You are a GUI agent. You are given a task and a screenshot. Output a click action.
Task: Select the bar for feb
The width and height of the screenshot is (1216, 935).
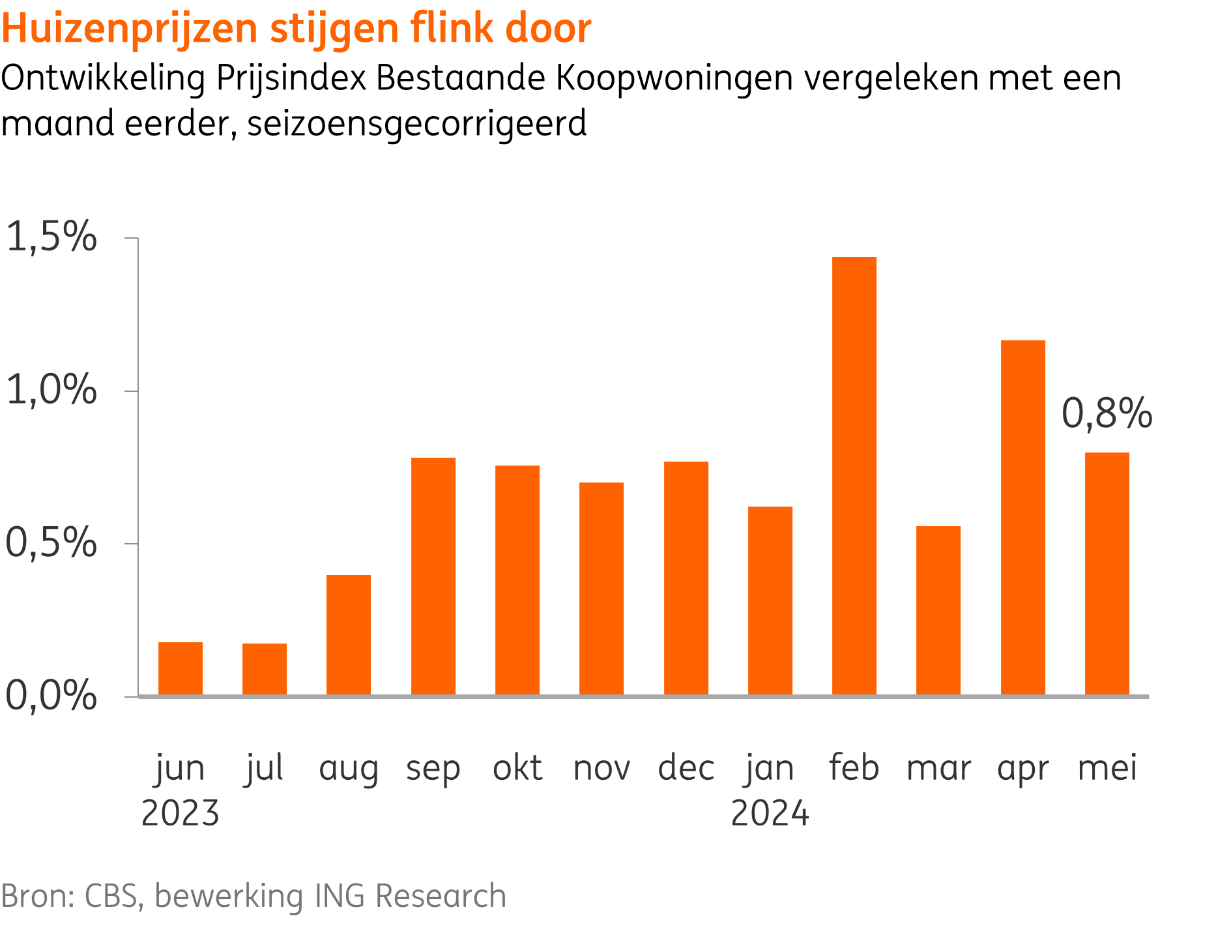854,476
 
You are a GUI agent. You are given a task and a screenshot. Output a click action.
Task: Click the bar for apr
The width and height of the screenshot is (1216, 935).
1022,518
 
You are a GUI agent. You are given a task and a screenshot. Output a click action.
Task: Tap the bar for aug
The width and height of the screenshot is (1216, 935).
349,635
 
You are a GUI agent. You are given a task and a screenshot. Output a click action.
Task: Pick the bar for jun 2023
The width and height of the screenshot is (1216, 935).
181,668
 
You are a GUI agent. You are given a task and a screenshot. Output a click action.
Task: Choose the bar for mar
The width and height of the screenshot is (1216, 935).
938,610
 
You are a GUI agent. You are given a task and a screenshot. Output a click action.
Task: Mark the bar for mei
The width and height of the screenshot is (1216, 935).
1107,574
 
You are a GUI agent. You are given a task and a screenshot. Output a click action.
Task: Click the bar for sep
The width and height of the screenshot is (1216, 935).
433,576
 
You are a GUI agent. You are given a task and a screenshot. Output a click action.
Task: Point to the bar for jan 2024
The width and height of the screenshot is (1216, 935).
770,601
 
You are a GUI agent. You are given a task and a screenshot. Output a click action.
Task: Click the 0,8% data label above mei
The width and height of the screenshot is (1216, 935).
1107,413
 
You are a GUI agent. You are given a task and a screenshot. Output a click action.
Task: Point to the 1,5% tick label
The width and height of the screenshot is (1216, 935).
51,237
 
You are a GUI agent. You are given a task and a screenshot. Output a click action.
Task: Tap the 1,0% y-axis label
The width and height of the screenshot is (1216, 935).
51,391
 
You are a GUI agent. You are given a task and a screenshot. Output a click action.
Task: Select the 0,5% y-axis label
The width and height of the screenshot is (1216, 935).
51,542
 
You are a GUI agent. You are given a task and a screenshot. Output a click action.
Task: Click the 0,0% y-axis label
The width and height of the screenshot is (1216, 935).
51,696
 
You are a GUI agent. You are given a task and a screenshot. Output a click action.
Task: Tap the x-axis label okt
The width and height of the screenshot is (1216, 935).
517,767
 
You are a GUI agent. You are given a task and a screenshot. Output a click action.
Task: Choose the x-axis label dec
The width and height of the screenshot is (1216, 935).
686,767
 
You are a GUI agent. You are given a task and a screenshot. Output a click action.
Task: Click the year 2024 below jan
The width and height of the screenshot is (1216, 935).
770,814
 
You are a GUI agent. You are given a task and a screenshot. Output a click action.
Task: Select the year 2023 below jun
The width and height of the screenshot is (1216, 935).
181,814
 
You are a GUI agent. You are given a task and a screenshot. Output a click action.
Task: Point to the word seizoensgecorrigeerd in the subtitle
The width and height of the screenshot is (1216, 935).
417,124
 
